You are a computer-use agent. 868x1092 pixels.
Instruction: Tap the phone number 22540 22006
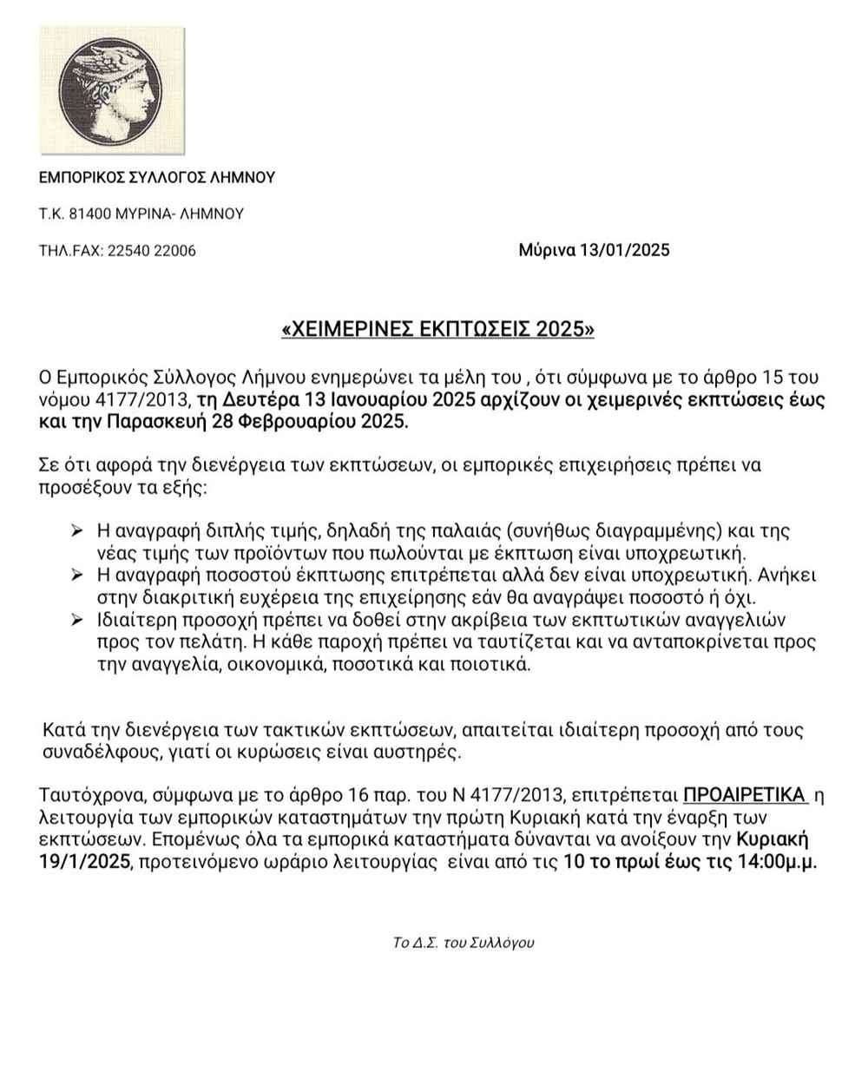pyautogui.click(x=151, y=251)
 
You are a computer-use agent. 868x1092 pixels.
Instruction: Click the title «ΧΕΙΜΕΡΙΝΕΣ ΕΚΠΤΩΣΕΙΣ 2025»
pyautogui.click(x=439, y=330)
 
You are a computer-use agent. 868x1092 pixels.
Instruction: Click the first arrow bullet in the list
pyautogui.click(x=77, y=530)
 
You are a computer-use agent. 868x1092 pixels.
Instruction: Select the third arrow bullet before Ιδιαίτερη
pyautogui.click(x=77, y=621)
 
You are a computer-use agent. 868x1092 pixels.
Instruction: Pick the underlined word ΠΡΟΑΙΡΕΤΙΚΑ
pyautogui.click(x=746, y=794)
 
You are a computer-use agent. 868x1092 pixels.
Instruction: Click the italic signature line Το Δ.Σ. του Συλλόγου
pyautogui.click(x=464, y=943)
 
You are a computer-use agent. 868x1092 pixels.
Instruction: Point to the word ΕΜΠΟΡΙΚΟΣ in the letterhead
pyautogui.click(x=82, y=177)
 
